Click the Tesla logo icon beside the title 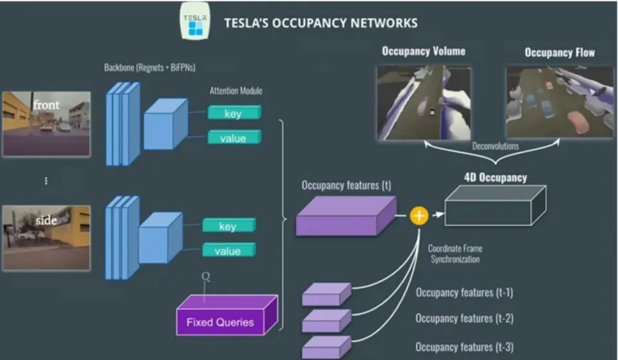pyautogui.click(x=195, y=21)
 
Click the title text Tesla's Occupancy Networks pyautogui.click(x=321, y=23)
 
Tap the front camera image pyautogui.click(x=46, y=124)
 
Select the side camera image pyautogui.click(x=46, y=238)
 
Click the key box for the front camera pyautogui.click(x=234, y=113)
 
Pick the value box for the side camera pyautogui.click(x=229, y=250)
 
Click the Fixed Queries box pyautogui.click(x=227, y=316)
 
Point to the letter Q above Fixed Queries pyautogui.click(x=205, y=276)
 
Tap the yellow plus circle pyautogui.click(x=418, y=216)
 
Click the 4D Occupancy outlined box pyautogui.click(x=495, y=206)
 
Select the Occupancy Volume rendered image pyautogui.click(x=424, y=103)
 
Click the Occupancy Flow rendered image pyautogui.click(x=559, y=102)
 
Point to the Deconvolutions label pyautogui.click(x=496, y=146)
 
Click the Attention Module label pyautogui.click(x=236, y=91)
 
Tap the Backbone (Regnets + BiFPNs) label pyautogui.click(x=150, y=68)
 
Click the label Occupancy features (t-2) pyautogui.click(x=464, y=319)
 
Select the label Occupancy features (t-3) pyautogui.click(x=464, y=347)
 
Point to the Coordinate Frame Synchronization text pyautogui.click(x=455, y=254)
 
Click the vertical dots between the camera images pyautogui.click(x=46, y=180)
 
